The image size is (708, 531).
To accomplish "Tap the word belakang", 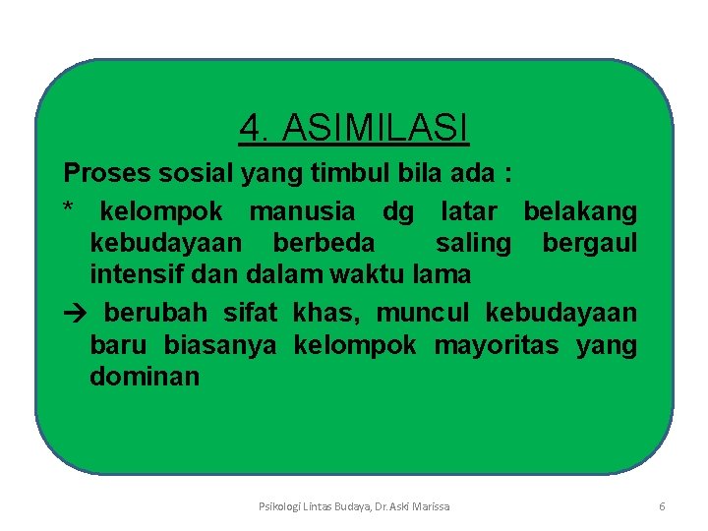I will point(579,210).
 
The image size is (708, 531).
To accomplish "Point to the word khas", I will point(318,313).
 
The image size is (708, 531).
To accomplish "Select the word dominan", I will point(145,377).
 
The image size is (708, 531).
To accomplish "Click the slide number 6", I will point(662,506).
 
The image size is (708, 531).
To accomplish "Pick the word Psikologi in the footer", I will point(279,506).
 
